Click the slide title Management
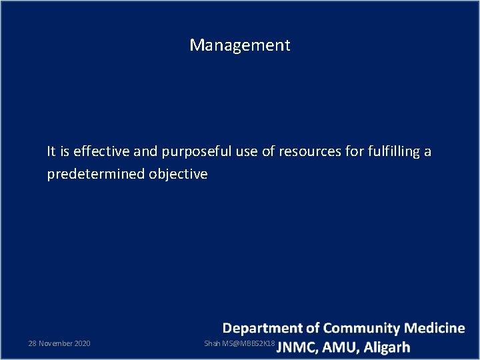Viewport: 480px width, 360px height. (240, 45)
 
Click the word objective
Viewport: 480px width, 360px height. (178, 174)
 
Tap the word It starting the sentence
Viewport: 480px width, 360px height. (51, 151)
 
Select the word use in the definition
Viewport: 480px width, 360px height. (247, 151)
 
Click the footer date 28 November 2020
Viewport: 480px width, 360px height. (59, 343)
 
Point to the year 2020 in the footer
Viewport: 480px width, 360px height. (82, 343)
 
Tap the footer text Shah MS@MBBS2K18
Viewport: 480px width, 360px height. (239, 343)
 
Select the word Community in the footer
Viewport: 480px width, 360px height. (363, 328)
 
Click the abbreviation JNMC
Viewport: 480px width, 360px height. (297, 347)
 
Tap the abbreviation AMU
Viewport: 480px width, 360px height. (340, 347)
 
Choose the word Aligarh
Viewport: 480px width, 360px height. (387, 347)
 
